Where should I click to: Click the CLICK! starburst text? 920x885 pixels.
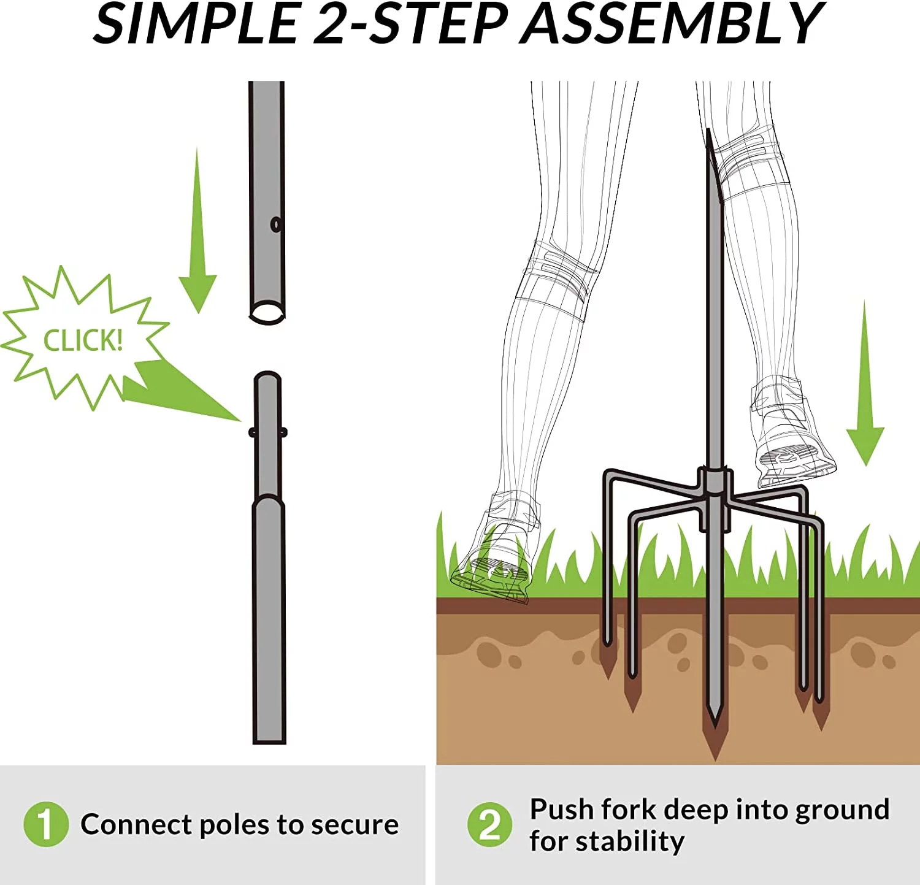pos(83,340)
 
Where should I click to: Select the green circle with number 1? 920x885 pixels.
pos(45,824)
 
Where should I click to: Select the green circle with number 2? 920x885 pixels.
pos(489,824)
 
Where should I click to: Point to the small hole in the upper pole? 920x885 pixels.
pos(276,224)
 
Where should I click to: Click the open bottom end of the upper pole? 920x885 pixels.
pos(267,312)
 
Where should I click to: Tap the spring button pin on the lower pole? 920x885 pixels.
pos(268,432)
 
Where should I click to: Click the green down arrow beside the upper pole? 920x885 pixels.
pos(197,231)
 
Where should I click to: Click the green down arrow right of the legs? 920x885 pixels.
pos(865,383)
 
